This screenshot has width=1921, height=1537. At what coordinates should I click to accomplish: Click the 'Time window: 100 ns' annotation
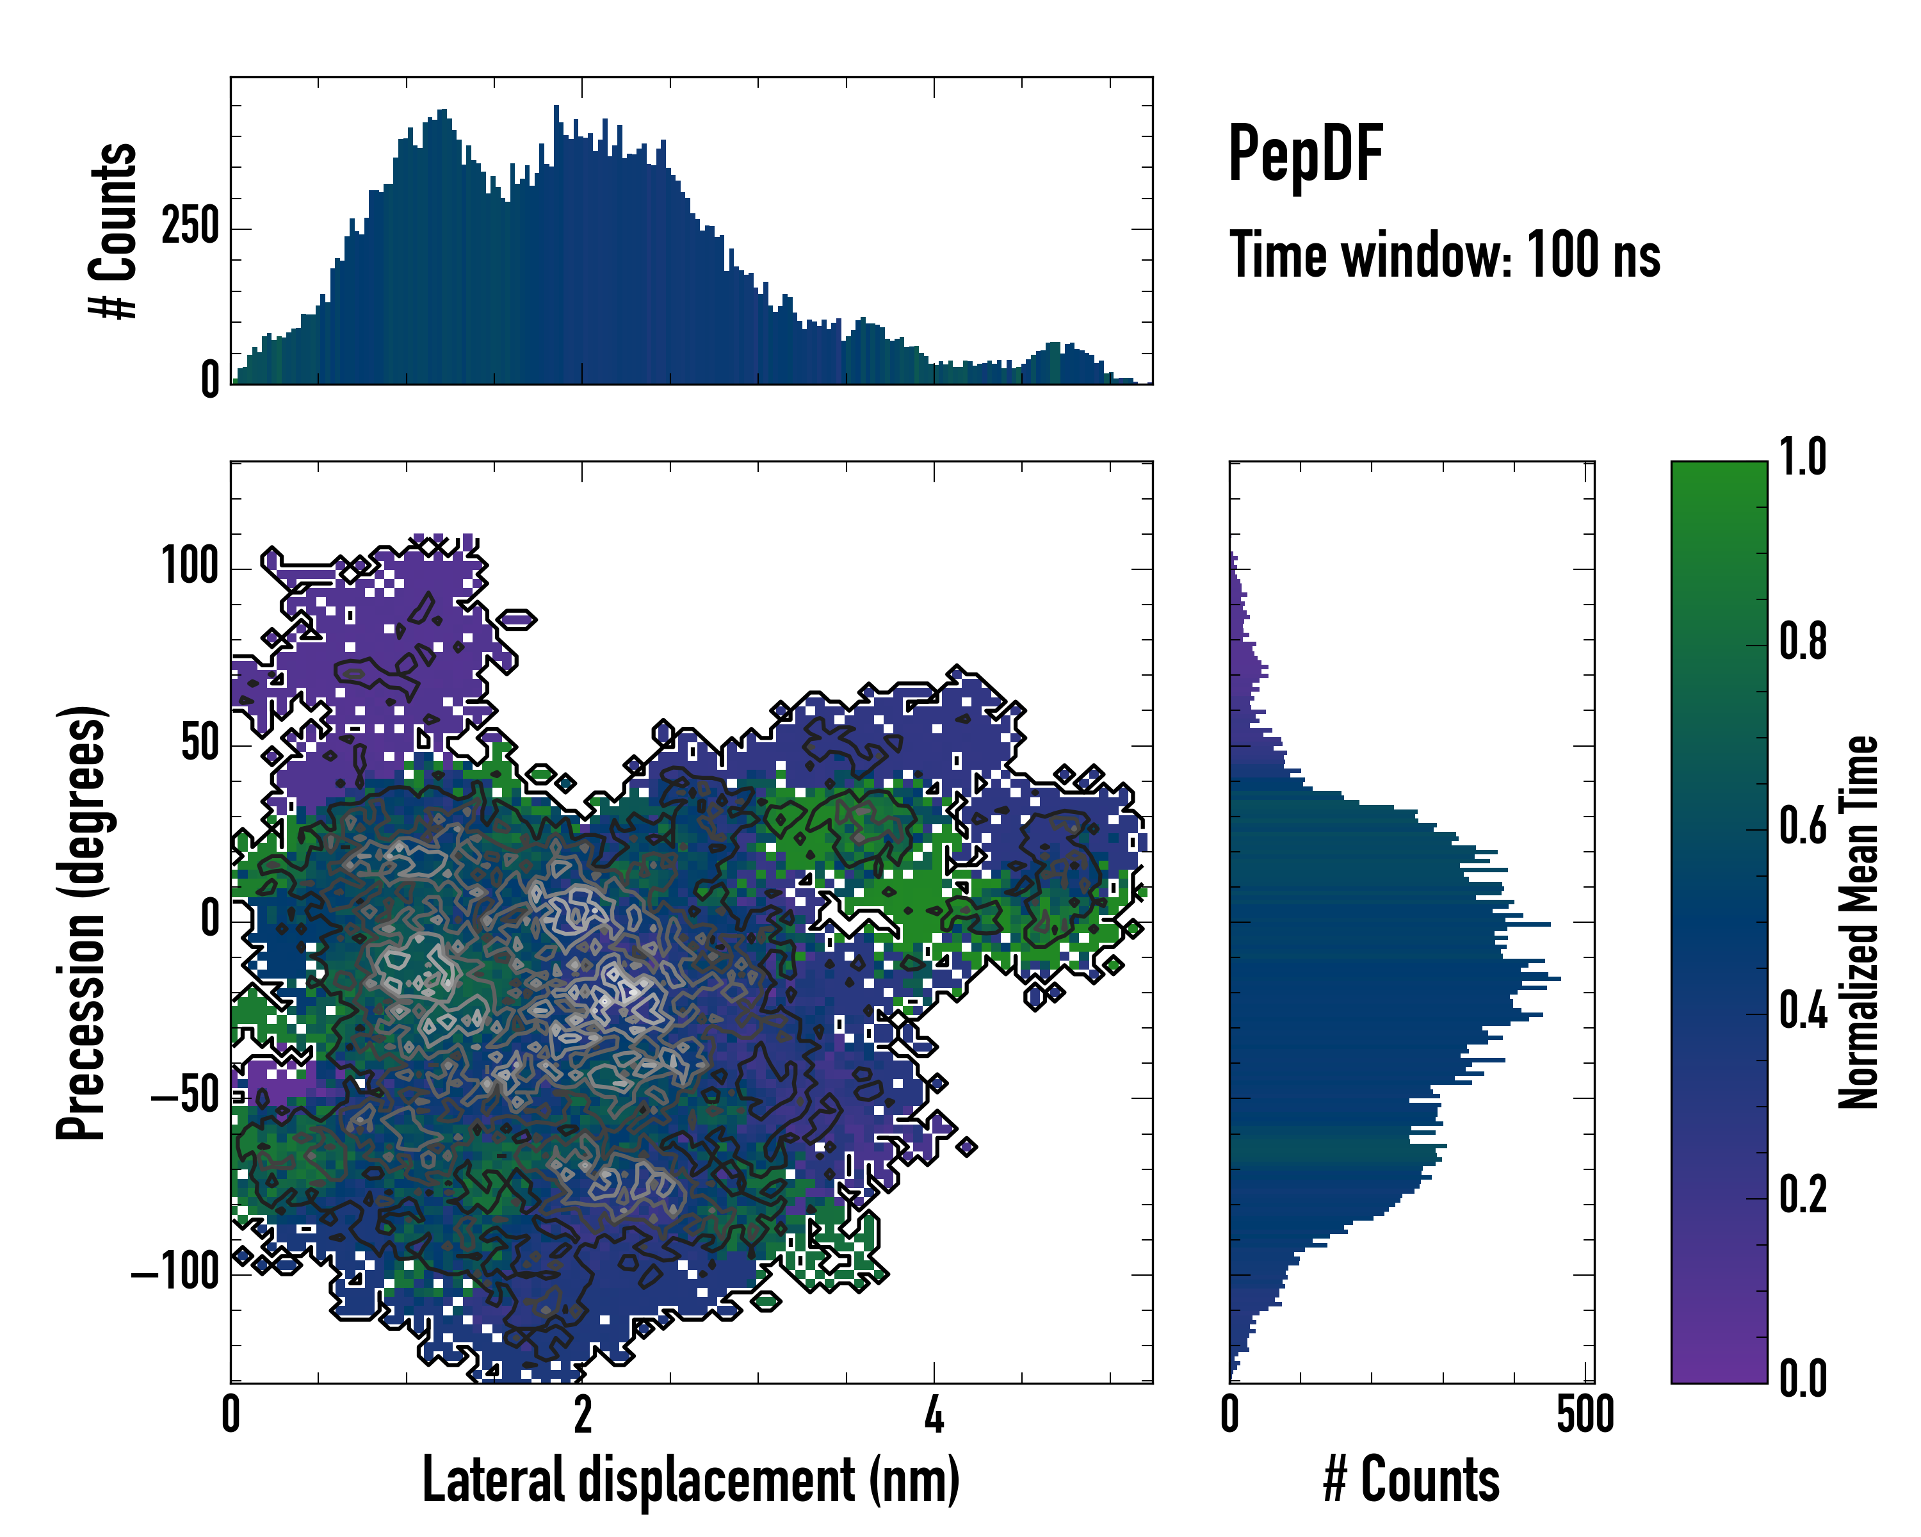tap(1445, 256)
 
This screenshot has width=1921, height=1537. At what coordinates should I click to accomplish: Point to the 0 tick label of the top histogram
tap(210, 380)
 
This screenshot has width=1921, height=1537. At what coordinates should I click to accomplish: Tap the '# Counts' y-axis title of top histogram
tap(114, 231)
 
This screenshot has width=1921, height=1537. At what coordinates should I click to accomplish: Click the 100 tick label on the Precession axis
tap(190, 567)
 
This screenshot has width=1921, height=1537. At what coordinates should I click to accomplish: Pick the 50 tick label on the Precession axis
tap(200, 744)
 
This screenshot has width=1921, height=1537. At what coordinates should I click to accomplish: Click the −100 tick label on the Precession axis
tap(175, 1273)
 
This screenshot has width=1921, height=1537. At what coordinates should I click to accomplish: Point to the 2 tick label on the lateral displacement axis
tap(582, 1415)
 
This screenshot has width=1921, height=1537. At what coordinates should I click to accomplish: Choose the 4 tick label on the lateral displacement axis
tap(933, 1415)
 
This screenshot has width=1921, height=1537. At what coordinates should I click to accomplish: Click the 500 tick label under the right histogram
tap(1585, 1415)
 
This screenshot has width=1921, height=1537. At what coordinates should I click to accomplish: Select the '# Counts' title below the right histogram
tap(1411, 1481)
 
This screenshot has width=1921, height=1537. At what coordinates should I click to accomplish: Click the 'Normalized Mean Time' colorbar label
tap(1859, 922)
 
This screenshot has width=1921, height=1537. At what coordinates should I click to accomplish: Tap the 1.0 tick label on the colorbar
tap(1803, 458)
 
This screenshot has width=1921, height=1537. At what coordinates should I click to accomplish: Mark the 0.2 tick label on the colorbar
tap(1803, 1196)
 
